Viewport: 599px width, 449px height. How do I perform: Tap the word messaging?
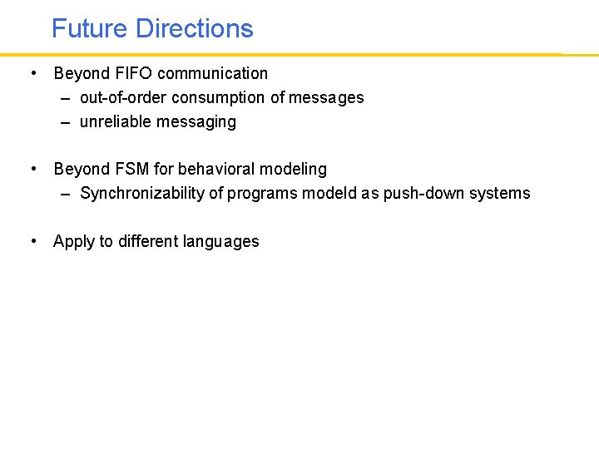[x=198, y=121]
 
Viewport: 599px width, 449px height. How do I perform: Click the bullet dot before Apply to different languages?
[x=32, y=241]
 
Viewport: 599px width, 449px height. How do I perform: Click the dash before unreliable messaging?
[x=65, y=122]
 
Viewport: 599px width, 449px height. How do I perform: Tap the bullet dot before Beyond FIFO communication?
[x=32, y=73]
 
